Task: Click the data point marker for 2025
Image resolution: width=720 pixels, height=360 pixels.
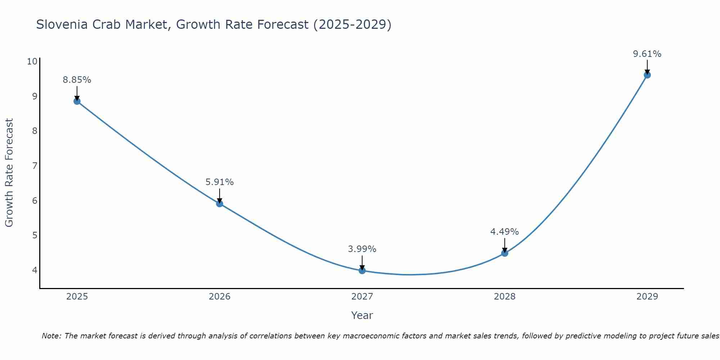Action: click(x=77, y=101)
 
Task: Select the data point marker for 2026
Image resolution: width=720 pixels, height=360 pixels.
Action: click(x=220, y=204)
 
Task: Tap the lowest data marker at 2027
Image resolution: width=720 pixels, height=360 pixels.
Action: click(x=362, y=271)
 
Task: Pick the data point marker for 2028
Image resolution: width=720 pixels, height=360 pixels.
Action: click(x=505, y=253)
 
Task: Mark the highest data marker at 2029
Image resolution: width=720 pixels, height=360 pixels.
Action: click(x=647, y=75)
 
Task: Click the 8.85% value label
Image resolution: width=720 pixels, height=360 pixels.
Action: click(x=77, y=80)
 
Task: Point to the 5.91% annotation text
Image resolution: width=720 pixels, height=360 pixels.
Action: click(x=220, y=182)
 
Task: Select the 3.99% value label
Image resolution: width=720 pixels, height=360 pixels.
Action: click(x=362, y=249)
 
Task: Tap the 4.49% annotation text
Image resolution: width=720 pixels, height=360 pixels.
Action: click(x=505, y=232)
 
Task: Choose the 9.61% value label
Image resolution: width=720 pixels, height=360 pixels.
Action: click(x=647, y=54)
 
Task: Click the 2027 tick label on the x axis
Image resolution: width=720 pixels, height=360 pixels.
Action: click(x=362, y=297)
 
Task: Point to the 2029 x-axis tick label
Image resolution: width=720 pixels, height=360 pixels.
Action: click(x=647, y=297)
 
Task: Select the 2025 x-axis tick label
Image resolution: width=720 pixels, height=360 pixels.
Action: click(x=77, y=297)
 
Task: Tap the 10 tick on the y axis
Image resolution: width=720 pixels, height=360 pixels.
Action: click(x=32, y=61)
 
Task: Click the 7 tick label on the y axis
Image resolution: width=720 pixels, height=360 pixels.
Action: click(x=35, y=166)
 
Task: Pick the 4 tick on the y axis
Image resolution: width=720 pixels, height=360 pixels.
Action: click(x=35, y=270)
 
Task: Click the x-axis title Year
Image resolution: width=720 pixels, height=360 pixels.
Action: click(x=362, y=315)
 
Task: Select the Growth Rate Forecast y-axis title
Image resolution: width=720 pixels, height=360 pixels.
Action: click(x=9, y=173)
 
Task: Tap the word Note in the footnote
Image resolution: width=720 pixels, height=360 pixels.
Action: click(x=51, y=336)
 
